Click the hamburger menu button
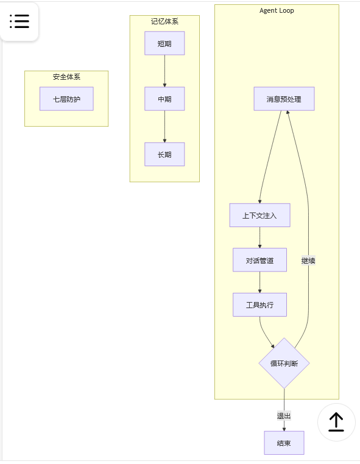tap(19, 21)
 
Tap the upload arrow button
tap(336, 422)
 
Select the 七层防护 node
tap(66, 99)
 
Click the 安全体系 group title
tap(66, 77)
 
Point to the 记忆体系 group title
tap(164, 21)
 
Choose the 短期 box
tap(164, 43)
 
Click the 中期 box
tap(164, 99)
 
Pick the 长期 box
tap(164, 154)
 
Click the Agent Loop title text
tap(277, 10)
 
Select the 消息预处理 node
tap(284, 99)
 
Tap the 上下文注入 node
tap(259, 215)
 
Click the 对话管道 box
tap(259, 260)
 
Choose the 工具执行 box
tap(259, 304)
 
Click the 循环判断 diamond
tap(284, 364)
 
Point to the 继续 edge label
tap(308, 261)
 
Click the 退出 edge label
tap(284, 416)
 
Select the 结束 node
tap(284, 443)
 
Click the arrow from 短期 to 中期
tap(164, 71)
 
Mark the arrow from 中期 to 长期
tap(164, 127)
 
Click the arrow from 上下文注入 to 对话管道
tap(259, 237)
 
